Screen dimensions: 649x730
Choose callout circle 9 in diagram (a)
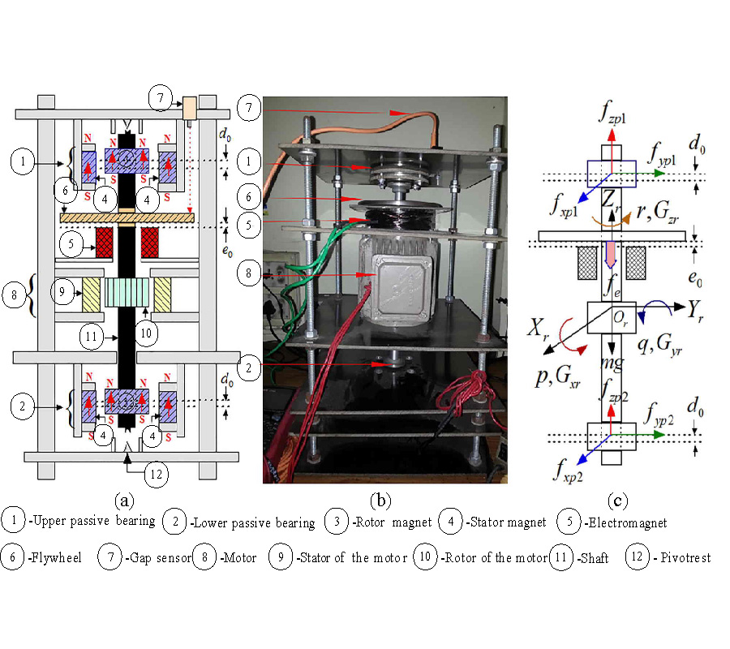coord(62,290)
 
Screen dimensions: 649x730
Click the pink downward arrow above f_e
coord(610,258)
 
